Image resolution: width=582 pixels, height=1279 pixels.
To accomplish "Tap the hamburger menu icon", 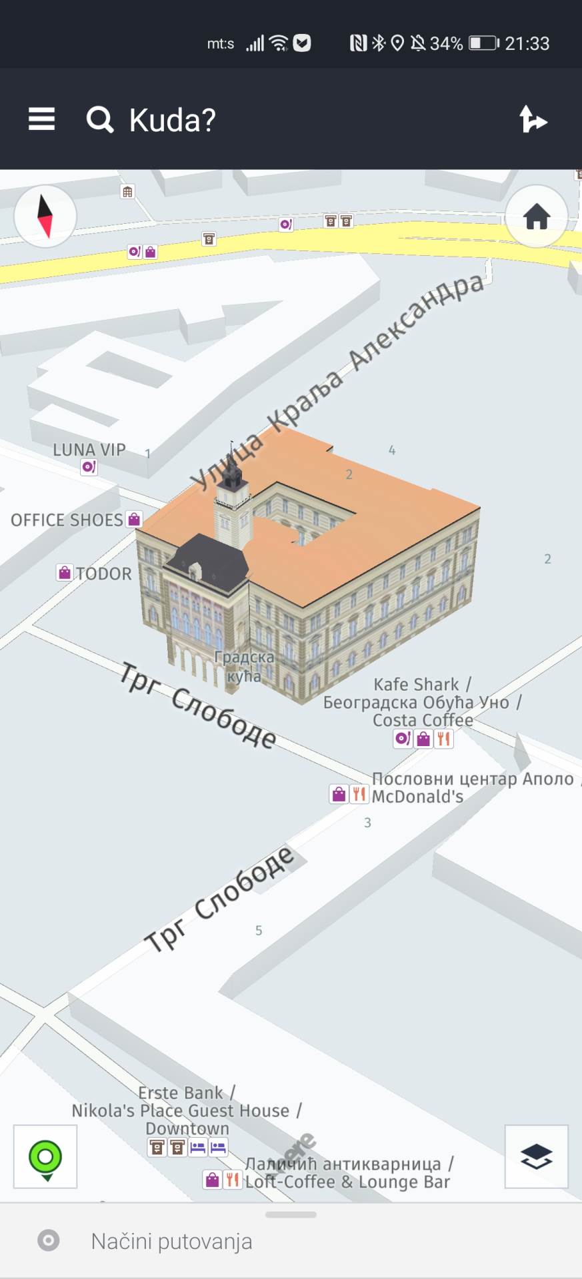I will coord(41,120).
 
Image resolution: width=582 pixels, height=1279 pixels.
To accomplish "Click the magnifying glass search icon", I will coord(100,120).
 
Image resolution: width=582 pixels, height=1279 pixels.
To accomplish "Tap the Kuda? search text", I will coord(172,121).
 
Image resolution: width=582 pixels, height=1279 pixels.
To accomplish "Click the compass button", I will coord(45,216).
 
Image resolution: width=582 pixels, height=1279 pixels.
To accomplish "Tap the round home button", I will coord(537,216).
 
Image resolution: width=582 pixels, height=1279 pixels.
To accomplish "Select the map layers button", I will coord(537,1157).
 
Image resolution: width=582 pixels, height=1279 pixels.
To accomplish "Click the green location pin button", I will coord(45,1157).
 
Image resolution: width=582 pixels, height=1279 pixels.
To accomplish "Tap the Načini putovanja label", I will coord(171,1242).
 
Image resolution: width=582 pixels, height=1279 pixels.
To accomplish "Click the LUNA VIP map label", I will coord(89,450).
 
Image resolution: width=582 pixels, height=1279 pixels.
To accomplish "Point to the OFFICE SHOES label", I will coord(67,520).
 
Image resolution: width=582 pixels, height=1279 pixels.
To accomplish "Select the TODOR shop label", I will coord(103,574).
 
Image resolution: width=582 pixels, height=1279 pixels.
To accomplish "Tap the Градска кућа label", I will coord(244,667).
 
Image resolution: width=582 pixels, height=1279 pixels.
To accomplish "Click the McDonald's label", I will coord(417,797).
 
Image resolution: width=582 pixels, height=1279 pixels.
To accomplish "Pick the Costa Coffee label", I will coord(423,720).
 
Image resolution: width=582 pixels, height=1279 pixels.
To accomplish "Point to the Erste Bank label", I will coord(181,1093).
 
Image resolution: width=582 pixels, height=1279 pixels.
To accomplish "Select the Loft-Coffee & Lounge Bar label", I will coord(347,1182).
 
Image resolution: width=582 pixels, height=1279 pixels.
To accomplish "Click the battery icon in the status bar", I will coord(484,43).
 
